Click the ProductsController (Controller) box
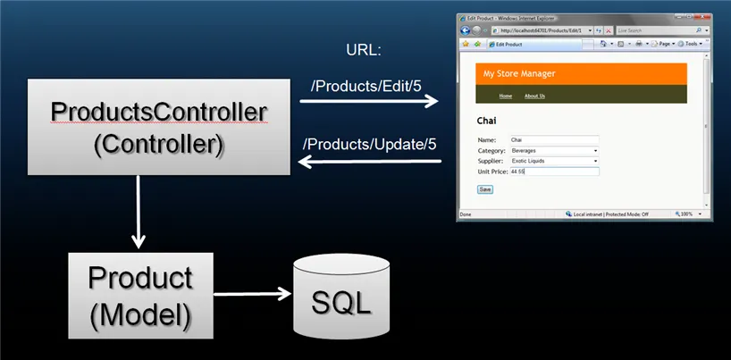(158, 127)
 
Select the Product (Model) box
(140, 295)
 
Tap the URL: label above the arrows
(363, 50)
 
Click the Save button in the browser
(485, 189)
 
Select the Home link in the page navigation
(506, 96)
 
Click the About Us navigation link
(534, 96)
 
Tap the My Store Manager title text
(519, 73)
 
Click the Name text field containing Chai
(552, 140)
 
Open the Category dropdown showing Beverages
(552, 150)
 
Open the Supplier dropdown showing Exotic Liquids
(552, 161)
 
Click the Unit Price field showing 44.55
(552, 171)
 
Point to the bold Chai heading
(487, 121)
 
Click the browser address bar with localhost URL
(536, 30)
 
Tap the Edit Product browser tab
(509, 44)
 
